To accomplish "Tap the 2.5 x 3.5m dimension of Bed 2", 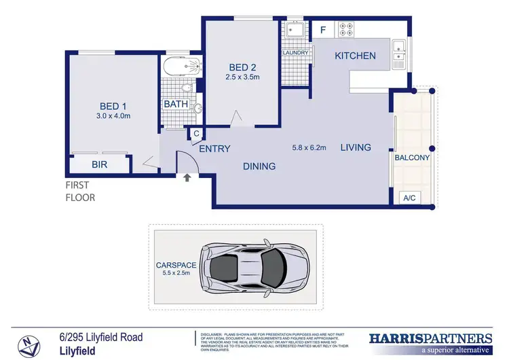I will click(x=242, y=77).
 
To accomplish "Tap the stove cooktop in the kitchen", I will click(x=346, y=29).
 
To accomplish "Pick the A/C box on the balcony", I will click(x=409, y=198).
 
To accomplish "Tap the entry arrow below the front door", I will click(x=187, y=179).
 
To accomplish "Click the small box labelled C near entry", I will click(x=195, y=134).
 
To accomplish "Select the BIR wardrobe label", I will click(x=100, y=164).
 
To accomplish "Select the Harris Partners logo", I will click(x=430, y=341).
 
